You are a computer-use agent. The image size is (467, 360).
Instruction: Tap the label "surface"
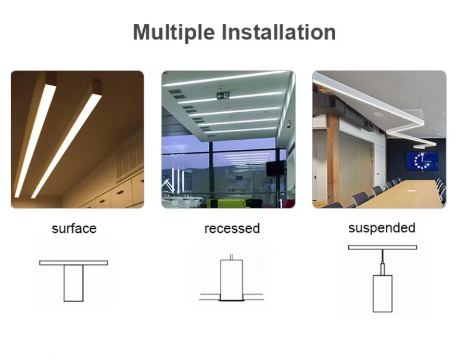point(74,229)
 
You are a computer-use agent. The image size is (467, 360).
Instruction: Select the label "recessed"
point(232,229)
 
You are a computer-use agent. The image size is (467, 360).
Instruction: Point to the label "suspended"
point(382,228)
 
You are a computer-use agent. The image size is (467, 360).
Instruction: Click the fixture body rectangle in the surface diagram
point(73,283)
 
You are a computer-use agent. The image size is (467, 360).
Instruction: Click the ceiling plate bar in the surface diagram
point(73,263)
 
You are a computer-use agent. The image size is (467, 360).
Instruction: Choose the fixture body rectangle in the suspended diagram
point(382,293)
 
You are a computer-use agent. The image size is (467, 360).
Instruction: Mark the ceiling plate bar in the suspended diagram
point(382,247)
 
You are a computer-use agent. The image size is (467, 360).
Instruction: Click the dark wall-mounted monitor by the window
point(273,168)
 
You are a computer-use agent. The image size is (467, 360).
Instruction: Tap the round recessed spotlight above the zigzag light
point(378,114)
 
